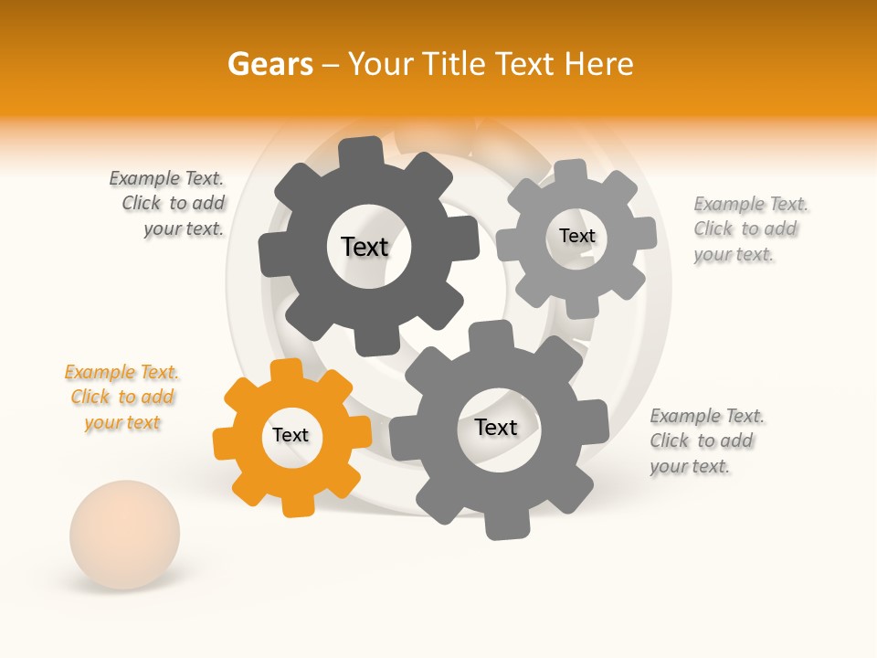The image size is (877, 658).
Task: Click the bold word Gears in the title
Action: point(270,64)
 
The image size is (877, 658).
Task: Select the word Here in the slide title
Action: point(599,64)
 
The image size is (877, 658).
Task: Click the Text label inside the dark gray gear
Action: point(365,247)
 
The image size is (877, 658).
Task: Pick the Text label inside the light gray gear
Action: point(576,236)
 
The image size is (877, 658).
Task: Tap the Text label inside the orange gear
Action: point(291,435)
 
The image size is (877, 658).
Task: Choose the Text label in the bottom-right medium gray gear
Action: point(496,427)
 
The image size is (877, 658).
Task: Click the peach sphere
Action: point(125,534)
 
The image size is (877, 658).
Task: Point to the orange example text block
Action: point(122,398)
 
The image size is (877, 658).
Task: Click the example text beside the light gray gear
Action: point(749,229)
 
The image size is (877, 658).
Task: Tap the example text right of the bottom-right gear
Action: point(705,441)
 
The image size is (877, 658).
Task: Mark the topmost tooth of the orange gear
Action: point(286,369)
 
